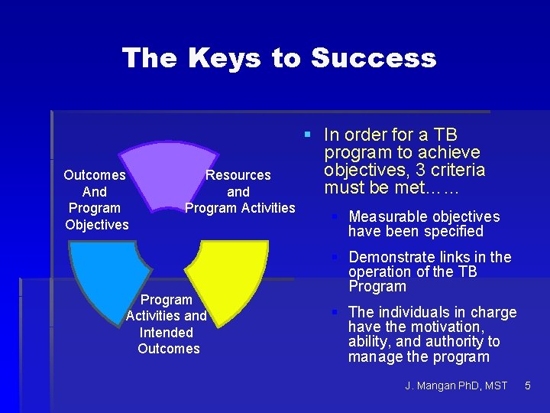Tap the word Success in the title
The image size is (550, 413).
[x=374, y=58]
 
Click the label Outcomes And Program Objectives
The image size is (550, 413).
[x=96, y=200]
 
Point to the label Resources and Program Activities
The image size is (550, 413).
[x=239, y=191]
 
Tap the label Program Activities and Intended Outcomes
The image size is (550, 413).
[x=167, y=324]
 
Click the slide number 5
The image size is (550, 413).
[x=527, y=385]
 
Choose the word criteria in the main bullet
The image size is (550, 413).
[x=458, y=170]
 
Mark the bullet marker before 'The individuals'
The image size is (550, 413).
[x=335, y=312]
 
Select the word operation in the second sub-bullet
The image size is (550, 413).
[x=380, y=272]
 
